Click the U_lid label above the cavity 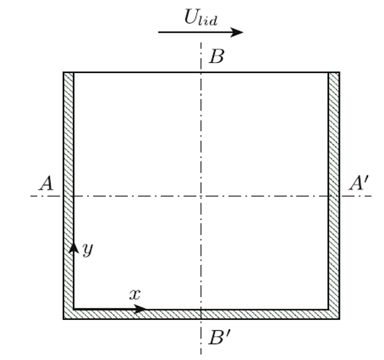pyautogui.click(x=201, y=17)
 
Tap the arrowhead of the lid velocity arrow pyautogui.click(x=237, y=32)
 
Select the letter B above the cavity pyautogui.click(x=217, y=56)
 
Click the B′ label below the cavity pyautogui.click(x=219, y=337)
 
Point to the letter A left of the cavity pyautogui.click(x=46, y=183)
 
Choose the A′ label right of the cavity pyautogui.click(x=359, y=183)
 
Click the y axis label pyautogui.click(x=88, y=250)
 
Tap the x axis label pyautogui.click(x=135, y=294)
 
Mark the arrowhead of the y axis pyautogui.click(x=74, y=248)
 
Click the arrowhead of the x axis pyautogui.click(x=140, y=309)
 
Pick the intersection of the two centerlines pyautogui.click(x=201, y=196)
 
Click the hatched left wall pyautogui.click(x=68, y=191)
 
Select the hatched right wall pyautogui.click(x=334, y=191)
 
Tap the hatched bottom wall pyautogui.click(x=201, y=314)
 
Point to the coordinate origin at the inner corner pyautogui.click(x=74, y=310)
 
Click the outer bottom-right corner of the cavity pyautogui.click(x=339, y=319)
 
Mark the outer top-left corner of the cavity pyautogui.click(x=64, y=72)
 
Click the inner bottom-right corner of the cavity pyautogui.click(x=328, y=310)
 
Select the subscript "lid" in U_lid pyautogui.click(x=208, y=21)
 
